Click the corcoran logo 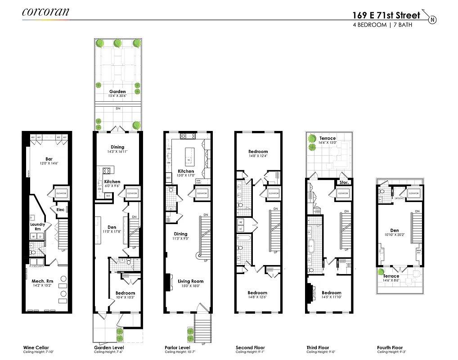[x=45, y=12]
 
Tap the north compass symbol [x=432, y=19]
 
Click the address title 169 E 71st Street [x=386, y=15]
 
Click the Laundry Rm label [x=38, y=226]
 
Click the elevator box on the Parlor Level [x=202, y=193]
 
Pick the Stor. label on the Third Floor [x=344, y=183]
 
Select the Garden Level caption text [x=109, y=347]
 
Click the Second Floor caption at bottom [x=250, y=347]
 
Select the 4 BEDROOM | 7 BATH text [x=382, y=25]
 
